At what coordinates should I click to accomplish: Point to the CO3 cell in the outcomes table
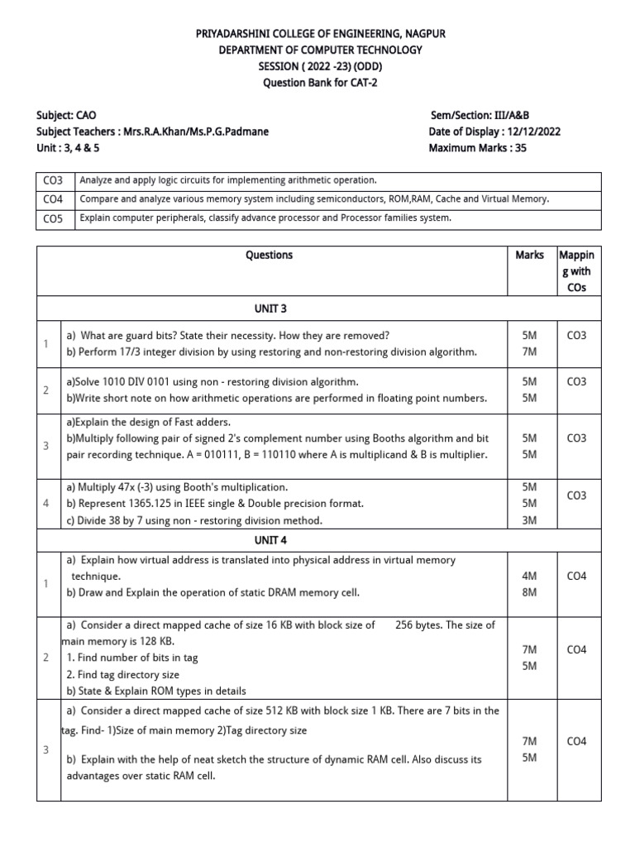[51, 179]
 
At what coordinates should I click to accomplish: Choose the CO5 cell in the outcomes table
[51, 218]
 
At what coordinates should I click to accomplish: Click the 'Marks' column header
[529, 255]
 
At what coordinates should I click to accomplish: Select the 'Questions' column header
[269, 255]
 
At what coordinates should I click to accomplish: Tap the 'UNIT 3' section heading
[269, 308]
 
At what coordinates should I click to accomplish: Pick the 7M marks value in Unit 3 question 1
[530, 352]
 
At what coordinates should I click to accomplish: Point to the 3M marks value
[530, 519]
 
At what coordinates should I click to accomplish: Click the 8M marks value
[530, 592]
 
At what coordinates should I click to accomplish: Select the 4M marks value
[530, 576]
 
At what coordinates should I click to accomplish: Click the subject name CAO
[91, 115]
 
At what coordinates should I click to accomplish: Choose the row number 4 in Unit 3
[46, 503]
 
